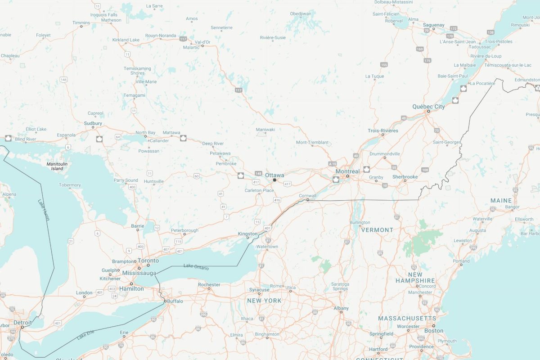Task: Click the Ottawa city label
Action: tap(274, 175)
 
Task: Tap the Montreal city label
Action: tap(347, 171)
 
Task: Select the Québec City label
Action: tap(428, 107)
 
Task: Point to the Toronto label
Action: tap(148, 261)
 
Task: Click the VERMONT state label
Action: tap(377, 230)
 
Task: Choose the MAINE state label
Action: tap(501, 200)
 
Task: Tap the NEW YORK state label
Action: tap(264, 301)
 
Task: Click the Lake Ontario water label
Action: tap(196, 267)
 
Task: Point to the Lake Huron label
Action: tap(44, 210)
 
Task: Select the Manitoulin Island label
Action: tap(57, 166)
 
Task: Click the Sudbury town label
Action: tap(93, 123)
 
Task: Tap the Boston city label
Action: tap(434, 331)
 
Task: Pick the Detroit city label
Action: tap(22, 323)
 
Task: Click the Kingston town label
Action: tap(248, 234)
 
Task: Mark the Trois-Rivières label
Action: tap(383, 131)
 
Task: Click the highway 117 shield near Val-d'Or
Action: tap(183, 39)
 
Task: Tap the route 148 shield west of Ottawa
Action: tap(258, 173)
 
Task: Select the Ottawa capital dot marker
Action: tap(274, 180)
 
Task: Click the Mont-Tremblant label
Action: tap(312, 142)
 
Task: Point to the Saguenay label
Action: tap(434, 25)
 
